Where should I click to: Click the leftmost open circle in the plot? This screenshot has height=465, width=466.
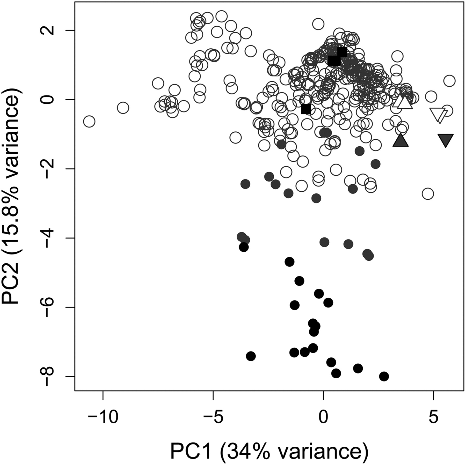89,122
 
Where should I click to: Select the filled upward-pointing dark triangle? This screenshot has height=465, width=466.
400,141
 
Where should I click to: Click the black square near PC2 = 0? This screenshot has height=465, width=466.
306,109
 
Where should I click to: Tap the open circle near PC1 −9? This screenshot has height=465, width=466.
123,108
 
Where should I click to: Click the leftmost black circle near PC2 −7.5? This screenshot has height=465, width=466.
251,356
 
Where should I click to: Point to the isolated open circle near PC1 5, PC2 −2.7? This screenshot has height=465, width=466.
427,194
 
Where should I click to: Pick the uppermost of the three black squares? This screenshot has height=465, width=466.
342,52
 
